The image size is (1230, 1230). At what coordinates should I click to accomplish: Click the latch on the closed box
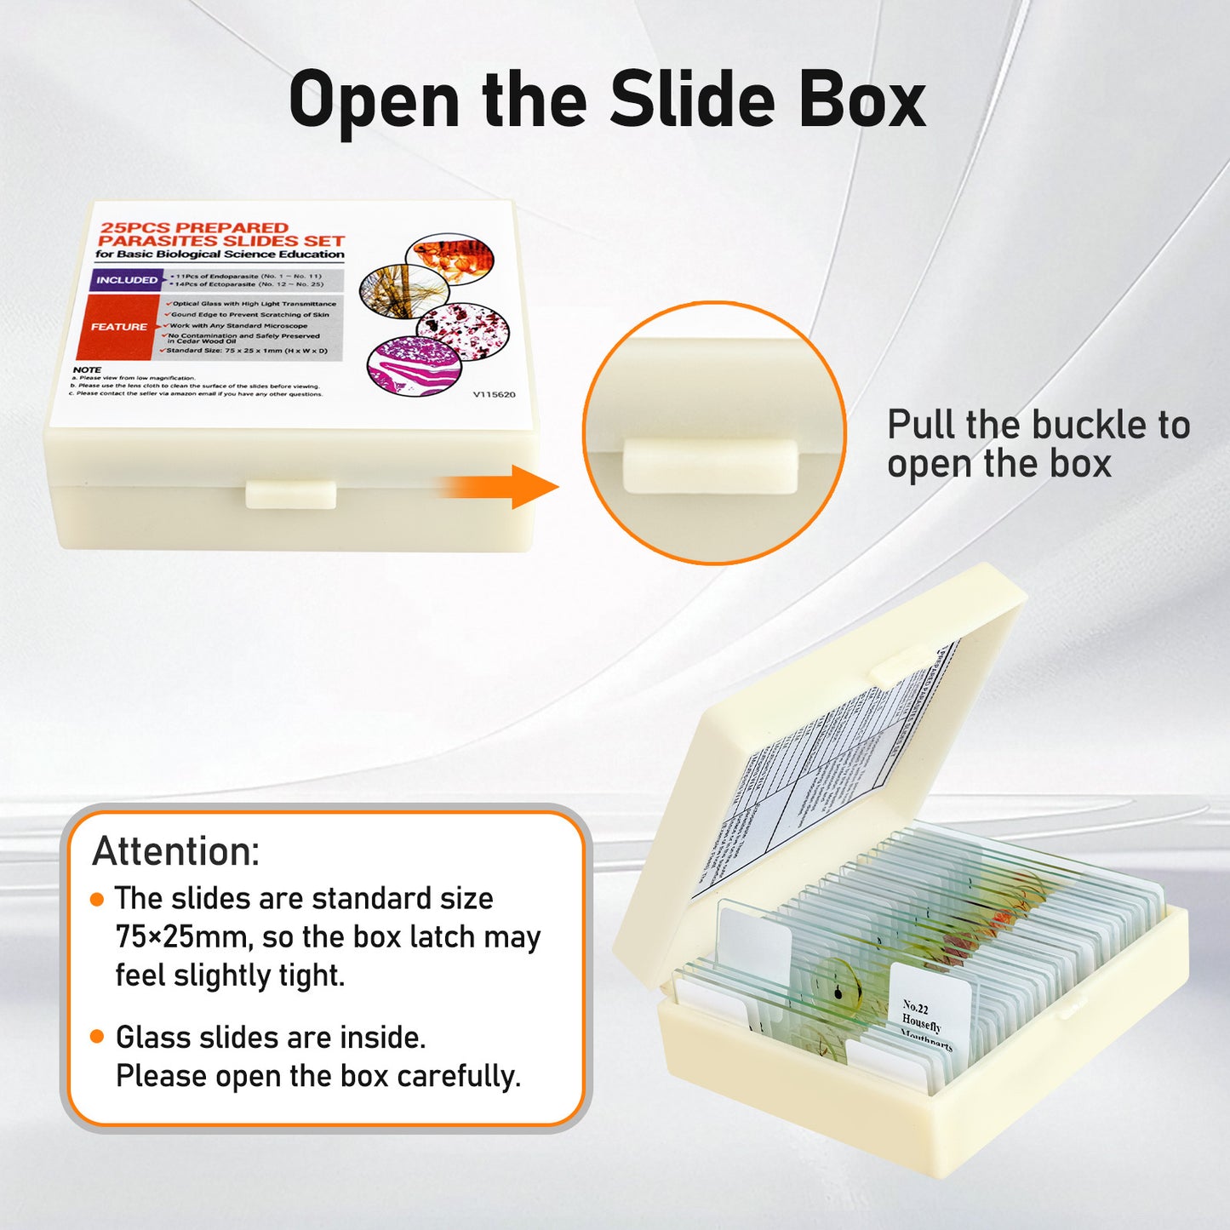pyautogui.click(x=291, y=495)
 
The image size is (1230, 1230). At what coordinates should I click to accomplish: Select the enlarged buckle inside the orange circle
pyautogui.click(x=710, y=466)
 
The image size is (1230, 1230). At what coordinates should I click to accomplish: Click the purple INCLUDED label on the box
pyautogui.click(x=126, y=280)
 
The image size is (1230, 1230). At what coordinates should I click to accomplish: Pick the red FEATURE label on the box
pyautogui.click(x=118, y=327)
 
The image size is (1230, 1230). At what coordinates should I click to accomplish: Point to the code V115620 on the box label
pyautogui.click(x=494, y=394)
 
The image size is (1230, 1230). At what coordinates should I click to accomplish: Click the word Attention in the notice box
pyautogui.click(x=175, y=850)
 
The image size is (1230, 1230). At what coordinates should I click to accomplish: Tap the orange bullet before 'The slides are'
pyautogui.click(x=97, y=899)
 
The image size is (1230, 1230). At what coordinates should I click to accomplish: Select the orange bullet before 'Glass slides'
pyautogui.click(x=97, y=1037)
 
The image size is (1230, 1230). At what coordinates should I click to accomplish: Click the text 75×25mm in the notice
pyautogui.click(x=182, y=937)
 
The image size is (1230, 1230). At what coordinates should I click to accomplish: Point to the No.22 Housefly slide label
pyautogui.click(x=928, y=1018)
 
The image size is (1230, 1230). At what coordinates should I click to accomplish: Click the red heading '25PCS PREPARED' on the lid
pyautogui.click(x=195, y=227)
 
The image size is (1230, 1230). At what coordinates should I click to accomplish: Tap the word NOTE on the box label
pyautogui.click(x=87, y=370)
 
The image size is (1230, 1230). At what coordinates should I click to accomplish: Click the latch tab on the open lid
pyautogui.click(x=901, y=664)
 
